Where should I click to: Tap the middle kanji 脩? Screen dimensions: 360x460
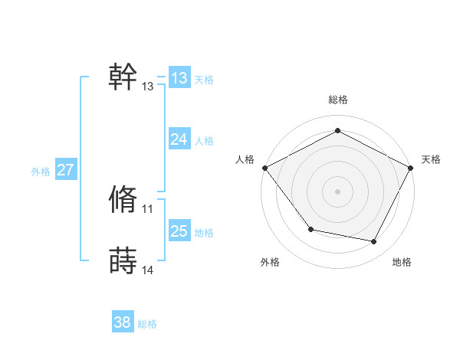123,198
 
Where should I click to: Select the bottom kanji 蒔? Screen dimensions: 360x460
123,260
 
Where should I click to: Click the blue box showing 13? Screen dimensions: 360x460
179,78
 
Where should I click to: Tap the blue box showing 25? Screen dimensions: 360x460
179,231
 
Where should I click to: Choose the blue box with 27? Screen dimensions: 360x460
65,170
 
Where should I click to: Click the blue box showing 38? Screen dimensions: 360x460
122,322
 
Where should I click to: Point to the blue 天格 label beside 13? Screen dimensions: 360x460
204,80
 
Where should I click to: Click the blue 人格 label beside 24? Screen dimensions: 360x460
204,141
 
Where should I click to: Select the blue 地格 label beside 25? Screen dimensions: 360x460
204,233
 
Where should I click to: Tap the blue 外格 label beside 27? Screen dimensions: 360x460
41,172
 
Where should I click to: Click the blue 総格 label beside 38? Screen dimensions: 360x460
147,325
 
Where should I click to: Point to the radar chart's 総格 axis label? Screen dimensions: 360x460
338,100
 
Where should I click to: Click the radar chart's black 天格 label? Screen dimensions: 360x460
431,159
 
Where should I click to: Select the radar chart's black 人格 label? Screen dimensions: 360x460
245,159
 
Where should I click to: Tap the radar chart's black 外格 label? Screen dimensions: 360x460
270,262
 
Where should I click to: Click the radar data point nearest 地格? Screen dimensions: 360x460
374,241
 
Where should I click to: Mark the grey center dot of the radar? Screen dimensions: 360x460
338,191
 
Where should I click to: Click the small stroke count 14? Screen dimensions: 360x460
148,270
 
